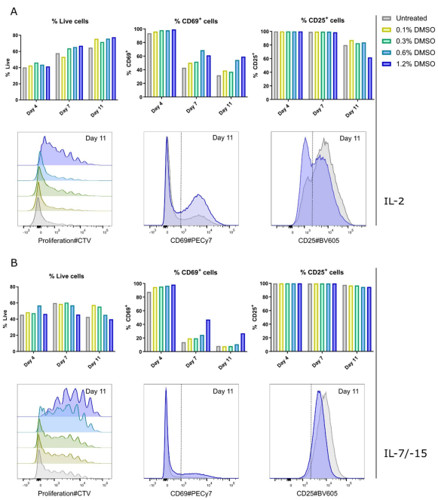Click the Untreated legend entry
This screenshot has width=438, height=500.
[412, 17]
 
